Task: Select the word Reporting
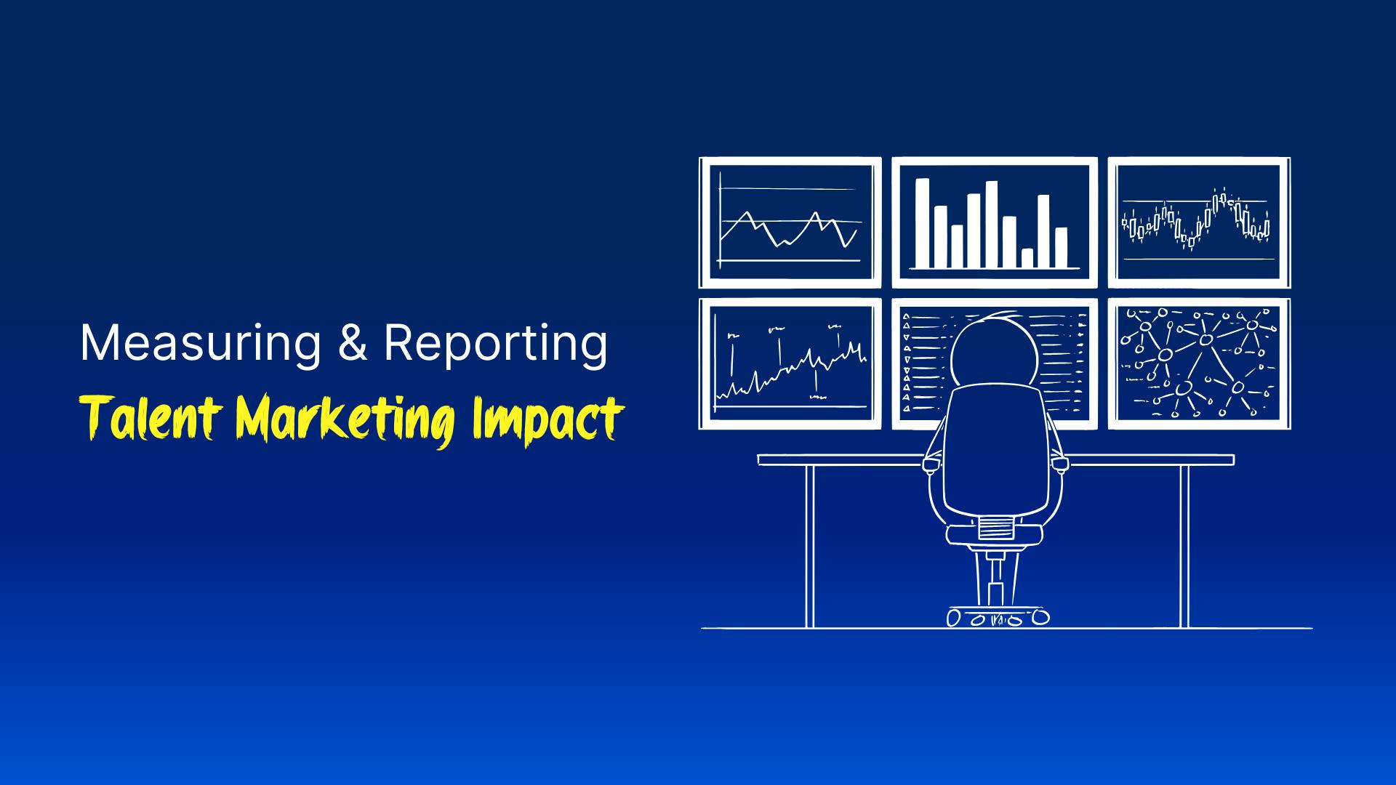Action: tap(494, 345)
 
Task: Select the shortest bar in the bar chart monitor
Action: tap(1027, 258)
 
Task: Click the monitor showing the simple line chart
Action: tap(790, 222)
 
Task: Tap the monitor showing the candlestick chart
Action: tap(1198, 222)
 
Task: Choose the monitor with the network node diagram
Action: tap(1198, 363)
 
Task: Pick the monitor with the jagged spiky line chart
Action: tap(790, 363)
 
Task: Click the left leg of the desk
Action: tap(809, 545)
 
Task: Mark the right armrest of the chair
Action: tap(1061, 463)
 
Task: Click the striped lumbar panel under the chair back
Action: tap(995, 527)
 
